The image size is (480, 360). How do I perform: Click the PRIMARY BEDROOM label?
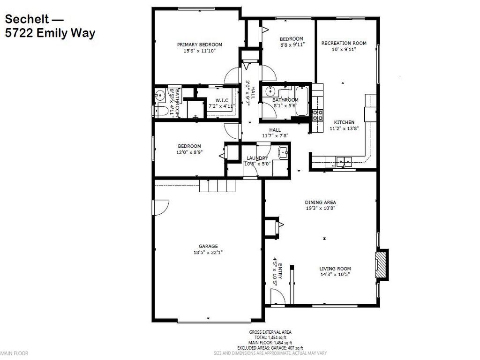(x=199, y=45)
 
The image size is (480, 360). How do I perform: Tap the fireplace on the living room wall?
(x=381, y=265)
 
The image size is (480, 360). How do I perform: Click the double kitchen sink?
(x=346, y=161)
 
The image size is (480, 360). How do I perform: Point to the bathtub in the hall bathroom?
(x=303, y=101)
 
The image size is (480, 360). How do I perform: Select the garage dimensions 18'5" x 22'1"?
(x=209, y=252)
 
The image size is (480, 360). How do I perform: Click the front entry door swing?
(x=277, y=296)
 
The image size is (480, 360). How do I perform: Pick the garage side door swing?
(x=161, y=206)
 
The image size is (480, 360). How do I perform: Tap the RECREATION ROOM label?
(x=344, y=43)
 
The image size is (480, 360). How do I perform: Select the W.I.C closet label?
(x=222, y=100)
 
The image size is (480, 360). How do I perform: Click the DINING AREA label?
(x=320, y=202)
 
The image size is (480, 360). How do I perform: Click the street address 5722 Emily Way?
(x=50, y=33)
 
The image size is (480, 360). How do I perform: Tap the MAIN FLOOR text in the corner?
(x=15, y=353)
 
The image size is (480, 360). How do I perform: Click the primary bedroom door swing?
(x=232, y=75)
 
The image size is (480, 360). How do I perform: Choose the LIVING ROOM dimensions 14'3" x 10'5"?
(x=335, y=274)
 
